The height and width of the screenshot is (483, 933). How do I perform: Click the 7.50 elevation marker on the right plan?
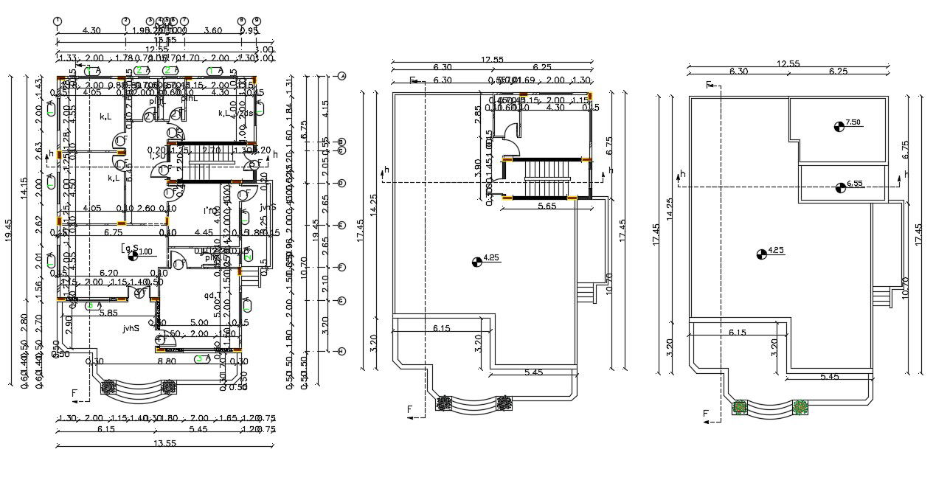[x=839, y=126]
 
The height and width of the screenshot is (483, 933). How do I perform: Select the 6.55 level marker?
[x=841, y=187]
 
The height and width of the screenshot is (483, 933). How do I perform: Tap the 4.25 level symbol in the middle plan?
[x=477, y=260]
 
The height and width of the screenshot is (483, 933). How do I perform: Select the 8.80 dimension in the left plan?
[x=167, y=361]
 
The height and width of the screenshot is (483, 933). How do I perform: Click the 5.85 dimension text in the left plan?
[x=109, y=313]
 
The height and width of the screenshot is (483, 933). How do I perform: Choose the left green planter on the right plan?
[x=740, y=406]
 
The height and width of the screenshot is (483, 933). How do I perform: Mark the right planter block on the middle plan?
[x=504, y=403]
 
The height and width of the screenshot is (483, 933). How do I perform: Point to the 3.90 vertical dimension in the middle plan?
[x=478, y=164]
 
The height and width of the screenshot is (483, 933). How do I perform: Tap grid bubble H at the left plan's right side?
[x=341, y=352]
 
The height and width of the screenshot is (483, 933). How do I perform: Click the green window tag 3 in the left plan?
[x=198, y=359]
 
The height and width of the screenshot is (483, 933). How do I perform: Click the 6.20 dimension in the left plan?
[x=109, y=272]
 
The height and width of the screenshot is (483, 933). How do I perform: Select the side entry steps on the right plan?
[x=881, y=295]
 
